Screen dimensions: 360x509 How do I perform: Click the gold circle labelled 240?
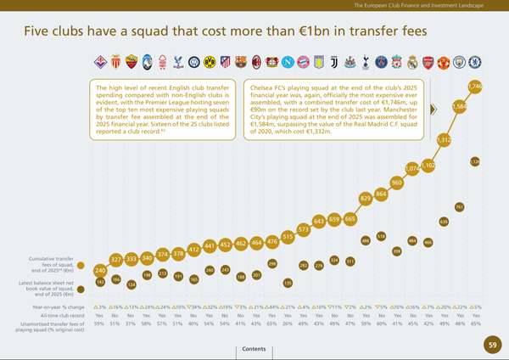(100, 270)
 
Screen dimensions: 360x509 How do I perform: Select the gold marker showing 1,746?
(474, 87)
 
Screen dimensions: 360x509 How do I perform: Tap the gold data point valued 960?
(396, 183)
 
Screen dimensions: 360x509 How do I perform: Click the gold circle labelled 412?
(193, 250)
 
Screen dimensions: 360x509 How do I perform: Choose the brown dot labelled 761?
(459, 206)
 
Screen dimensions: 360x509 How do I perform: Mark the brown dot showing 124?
(131, 285)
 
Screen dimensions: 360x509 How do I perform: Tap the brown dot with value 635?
(443, 222)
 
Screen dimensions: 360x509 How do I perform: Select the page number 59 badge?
(493, 344)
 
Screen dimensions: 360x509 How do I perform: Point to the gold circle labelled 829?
(366, 198)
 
